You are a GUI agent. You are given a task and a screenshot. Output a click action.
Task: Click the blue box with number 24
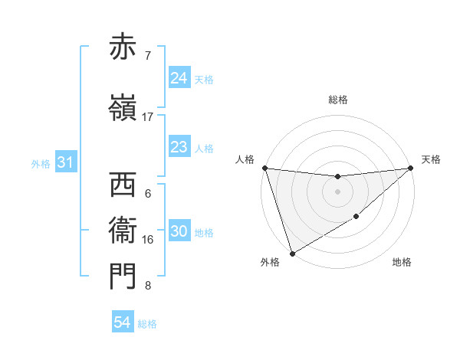tap(179, 78)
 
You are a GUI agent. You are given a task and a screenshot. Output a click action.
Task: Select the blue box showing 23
tap(179, 147)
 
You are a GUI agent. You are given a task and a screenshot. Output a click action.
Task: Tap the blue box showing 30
tap(179, 232)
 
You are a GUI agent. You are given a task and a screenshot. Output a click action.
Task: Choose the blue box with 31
tap(65, 162)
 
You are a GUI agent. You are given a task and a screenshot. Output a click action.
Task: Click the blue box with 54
tap(123, 323)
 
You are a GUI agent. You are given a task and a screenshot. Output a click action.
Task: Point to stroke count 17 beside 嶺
tap(148, 117)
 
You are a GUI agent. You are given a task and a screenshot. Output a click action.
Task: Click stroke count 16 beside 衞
tap(148, 240)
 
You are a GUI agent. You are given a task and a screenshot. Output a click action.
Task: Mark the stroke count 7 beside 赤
tap(147, 56)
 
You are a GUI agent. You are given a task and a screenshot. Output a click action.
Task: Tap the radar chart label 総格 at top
tap(338, 100)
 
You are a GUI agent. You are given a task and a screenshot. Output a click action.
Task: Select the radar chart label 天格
tap(431, 159)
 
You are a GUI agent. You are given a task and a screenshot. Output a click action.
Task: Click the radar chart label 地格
tap(402, 263)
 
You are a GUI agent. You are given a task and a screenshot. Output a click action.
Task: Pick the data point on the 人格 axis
tap(264, 168)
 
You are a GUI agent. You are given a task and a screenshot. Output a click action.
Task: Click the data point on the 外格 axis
tap(292, 253)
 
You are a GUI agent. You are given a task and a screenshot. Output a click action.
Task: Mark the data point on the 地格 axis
tap(356, 218)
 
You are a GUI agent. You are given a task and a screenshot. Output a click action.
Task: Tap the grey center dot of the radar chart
tap(337, 191)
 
